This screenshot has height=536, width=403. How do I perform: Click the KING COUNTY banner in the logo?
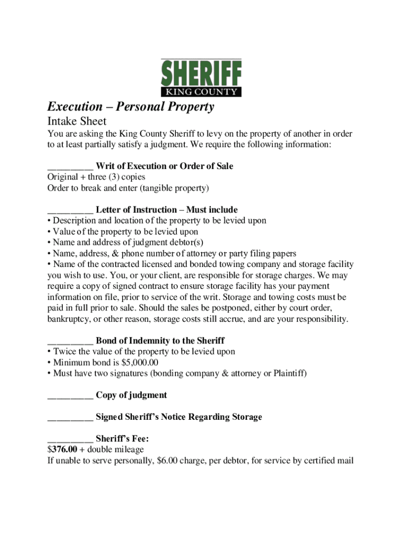tap(201, 92)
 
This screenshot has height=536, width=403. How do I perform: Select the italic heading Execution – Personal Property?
tap(131, 107)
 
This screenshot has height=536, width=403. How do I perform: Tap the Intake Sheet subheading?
tap(77, 121)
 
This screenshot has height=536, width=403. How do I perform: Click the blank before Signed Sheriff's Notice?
tap(70, 418)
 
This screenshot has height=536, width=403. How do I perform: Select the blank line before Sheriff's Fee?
tap(70, 440)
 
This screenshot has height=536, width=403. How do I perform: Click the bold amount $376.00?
tap(62, 450)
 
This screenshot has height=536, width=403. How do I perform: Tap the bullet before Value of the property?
tap(49, 232)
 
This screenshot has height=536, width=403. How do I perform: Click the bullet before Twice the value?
tap(49, 352)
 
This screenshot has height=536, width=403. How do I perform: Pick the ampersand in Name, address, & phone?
tap(116, 254)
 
